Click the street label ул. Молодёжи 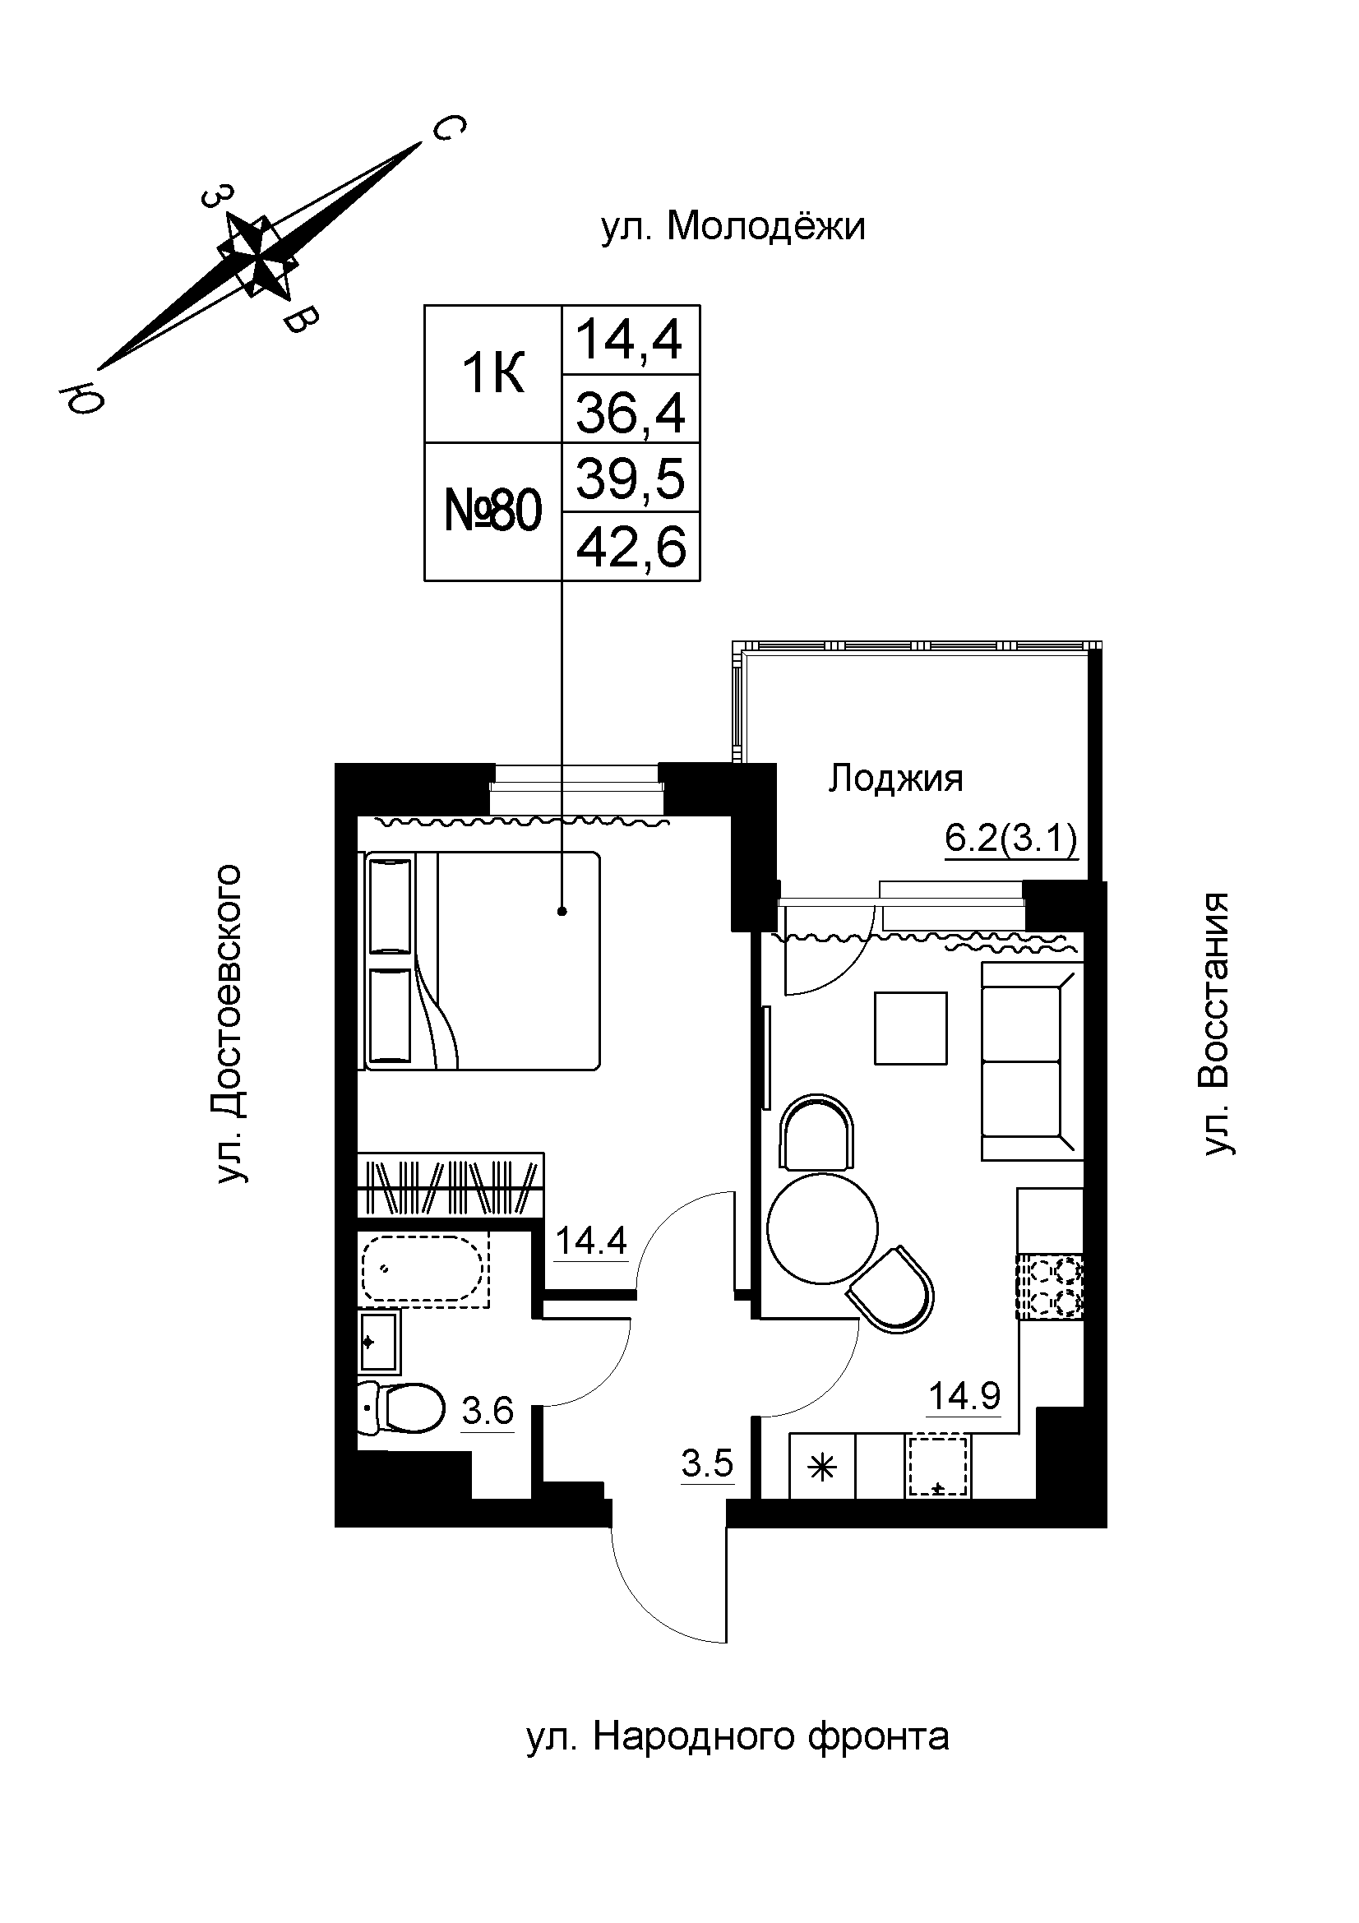[x=733, y=227]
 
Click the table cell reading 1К [x=493, y=374]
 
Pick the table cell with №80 [x=493, y=511]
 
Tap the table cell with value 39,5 [x=631, y=480]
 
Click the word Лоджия [x=896, y=779]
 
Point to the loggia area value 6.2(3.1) [x=1010, y=839]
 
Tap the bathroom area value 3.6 [x=488, y=1412]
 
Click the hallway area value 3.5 [x=708, y=1463]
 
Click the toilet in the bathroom [x=404, y=1408]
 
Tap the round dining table [x=822, y=1229]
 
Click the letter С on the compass [x=448, y=128]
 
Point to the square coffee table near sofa [x=911, y=1028]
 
